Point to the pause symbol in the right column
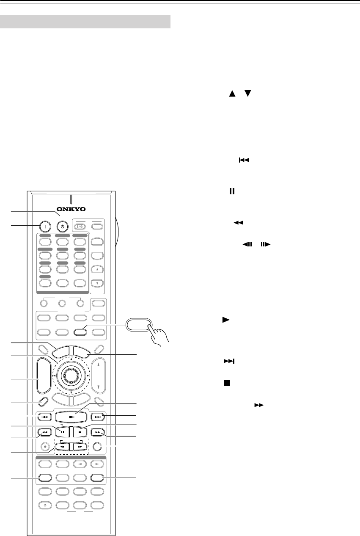coord(231,191)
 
